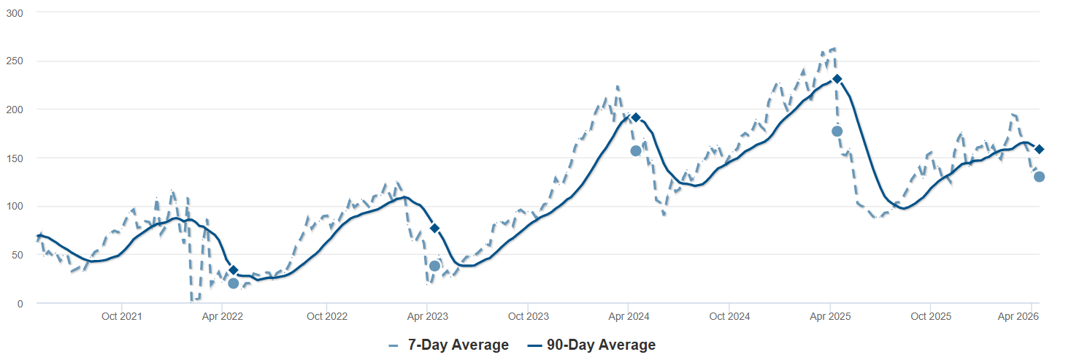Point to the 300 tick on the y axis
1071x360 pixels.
14,12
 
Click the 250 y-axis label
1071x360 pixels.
14,61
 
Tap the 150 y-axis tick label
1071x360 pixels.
14,158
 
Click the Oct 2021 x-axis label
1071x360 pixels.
121,317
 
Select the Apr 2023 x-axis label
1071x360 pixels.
427,317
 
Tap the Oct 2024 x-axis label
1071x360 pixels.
729,317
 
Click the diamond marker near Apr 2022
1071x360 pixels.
234,270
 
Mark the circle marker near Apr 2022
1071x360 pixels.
234,283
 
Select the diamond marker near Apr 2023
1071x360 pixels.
434,229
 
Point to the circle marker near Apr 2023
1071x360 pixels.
434,266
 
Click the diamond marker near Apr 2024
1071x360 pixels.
636,118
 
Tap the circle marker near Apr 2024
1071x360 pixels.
636,150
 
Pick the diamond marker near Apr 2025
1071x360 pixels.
837,79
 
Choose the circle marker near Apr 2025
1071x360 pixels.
837,131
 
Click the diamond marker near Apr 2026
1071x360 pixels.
1040,149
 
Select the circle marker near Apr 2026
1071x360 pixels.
1040,177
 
